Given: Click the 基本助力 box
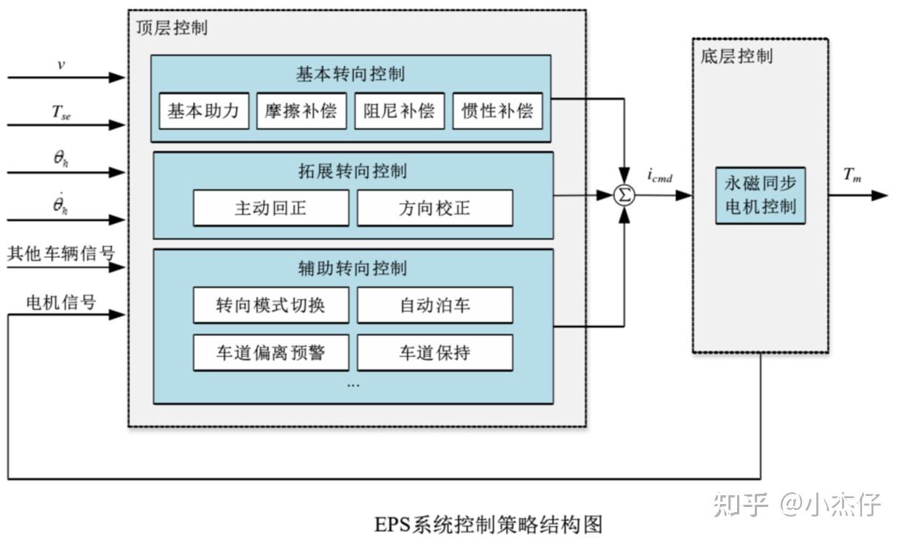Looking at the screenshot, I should pyautogui.click(x=204, y=112).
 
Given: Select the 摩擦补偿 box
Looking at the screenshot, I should pyautogui.click(x=301, y=112).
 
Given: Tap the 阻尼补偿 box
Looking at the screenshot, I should pyautogui.click(x=399, y=112).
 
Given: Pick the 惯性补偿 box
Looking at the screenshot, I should pyautogui.click(x=497, y=112).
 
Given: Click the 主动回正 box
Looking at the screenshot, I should pyautogui.click(x=270, y=208).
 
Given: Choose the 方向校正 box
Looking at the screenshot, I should pyautogui.click(x=434, y=208).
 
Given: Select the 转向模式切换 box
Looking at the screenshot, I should pyautogui.click(x=270, y=305).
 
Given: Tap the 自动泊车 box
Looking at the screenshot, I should pyautogui.click(x=434, y=305).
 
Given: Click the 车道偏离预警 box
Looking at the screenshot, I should pyautogui.click(x=270, y=353).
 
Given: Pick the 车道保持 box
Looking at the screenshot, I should pyautogui.click(x=434, y=353).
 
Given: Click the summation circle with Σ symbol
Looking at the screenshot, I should pyautogui.click(x=626, y=196).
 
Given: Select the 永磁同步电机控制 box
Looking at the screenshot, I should pyautogui.click(x=760, y=196).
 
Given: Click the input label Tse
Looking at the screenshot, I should pyautogui.click(x=61, y=112).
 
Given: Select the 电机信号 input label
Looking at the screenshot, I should pyautogui.click(x=61, y=302).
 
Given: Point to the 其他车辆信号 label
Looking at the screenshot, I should pyautogui.click(x=61, y=254).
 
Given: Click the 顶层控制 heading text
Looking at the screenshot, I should pyautogui.click(x=172, y=28).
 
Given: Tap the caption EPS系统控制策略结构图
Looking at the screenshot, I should pyautogui.click(x=488, y=525).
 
